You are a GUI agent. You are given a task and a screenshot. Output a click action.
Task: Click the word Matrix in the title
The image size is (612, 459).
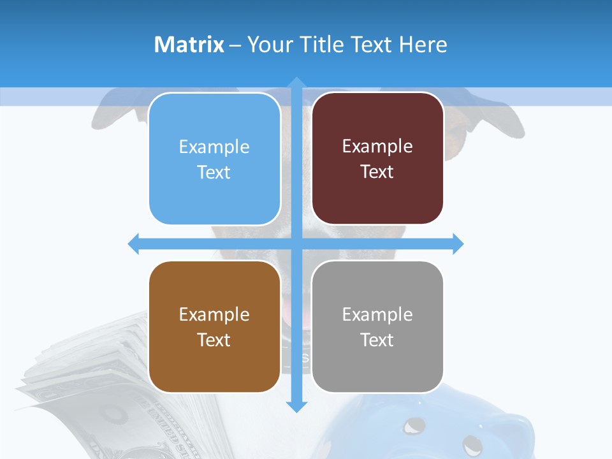[x=189, y=45]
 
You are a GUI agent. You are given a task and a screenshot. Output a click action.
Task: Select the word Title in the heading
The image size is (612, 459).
[x=323, y=45]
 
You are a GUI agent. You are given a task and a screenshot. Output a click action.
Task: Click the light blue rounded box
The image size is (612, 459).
[x=214, y=159]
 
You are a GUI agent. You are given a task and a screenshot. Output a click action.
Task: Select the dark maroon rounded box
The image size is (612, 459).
[x=377, y=159]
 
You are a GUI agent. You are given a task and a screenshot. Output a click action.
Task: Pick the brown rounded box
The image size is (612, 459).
[x=214, y=326]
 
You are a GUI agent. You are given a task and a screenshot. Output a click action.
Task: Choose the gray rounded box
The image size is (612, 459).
[x=377, y=326]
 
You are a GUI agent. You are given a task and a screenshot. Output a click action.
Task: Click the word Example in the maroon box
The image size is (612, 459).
[x=377, y=146]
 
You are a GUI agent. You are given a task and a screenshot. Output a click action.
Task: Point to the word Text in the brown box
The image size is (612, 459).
[x=214, y=340]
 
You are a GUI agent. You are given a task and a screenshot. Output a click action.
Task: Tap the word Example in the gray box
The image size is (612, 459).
[x=377, y=314]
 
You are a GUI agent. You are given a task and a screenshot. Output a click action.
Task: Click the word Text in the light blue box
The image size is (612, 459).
[x=214, y=172]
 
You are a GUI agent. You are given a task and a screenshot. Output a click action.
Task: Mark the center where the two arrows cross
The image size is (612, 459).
[x=296, y=244]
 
